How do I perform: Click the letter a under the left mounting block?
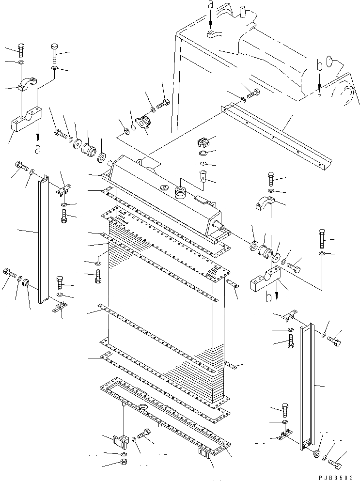point(37,149)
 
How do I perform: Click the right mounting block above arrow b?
point(266,280)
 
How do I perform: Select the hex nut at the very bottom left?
point(123,463)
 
